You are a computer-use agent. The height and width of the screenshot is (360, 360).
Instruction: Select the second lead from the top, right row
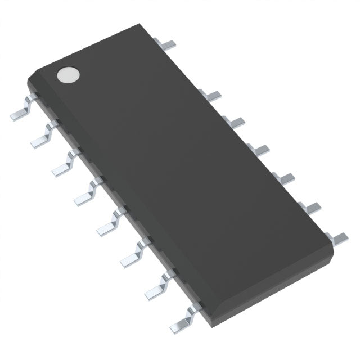(x=212, y=94)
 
